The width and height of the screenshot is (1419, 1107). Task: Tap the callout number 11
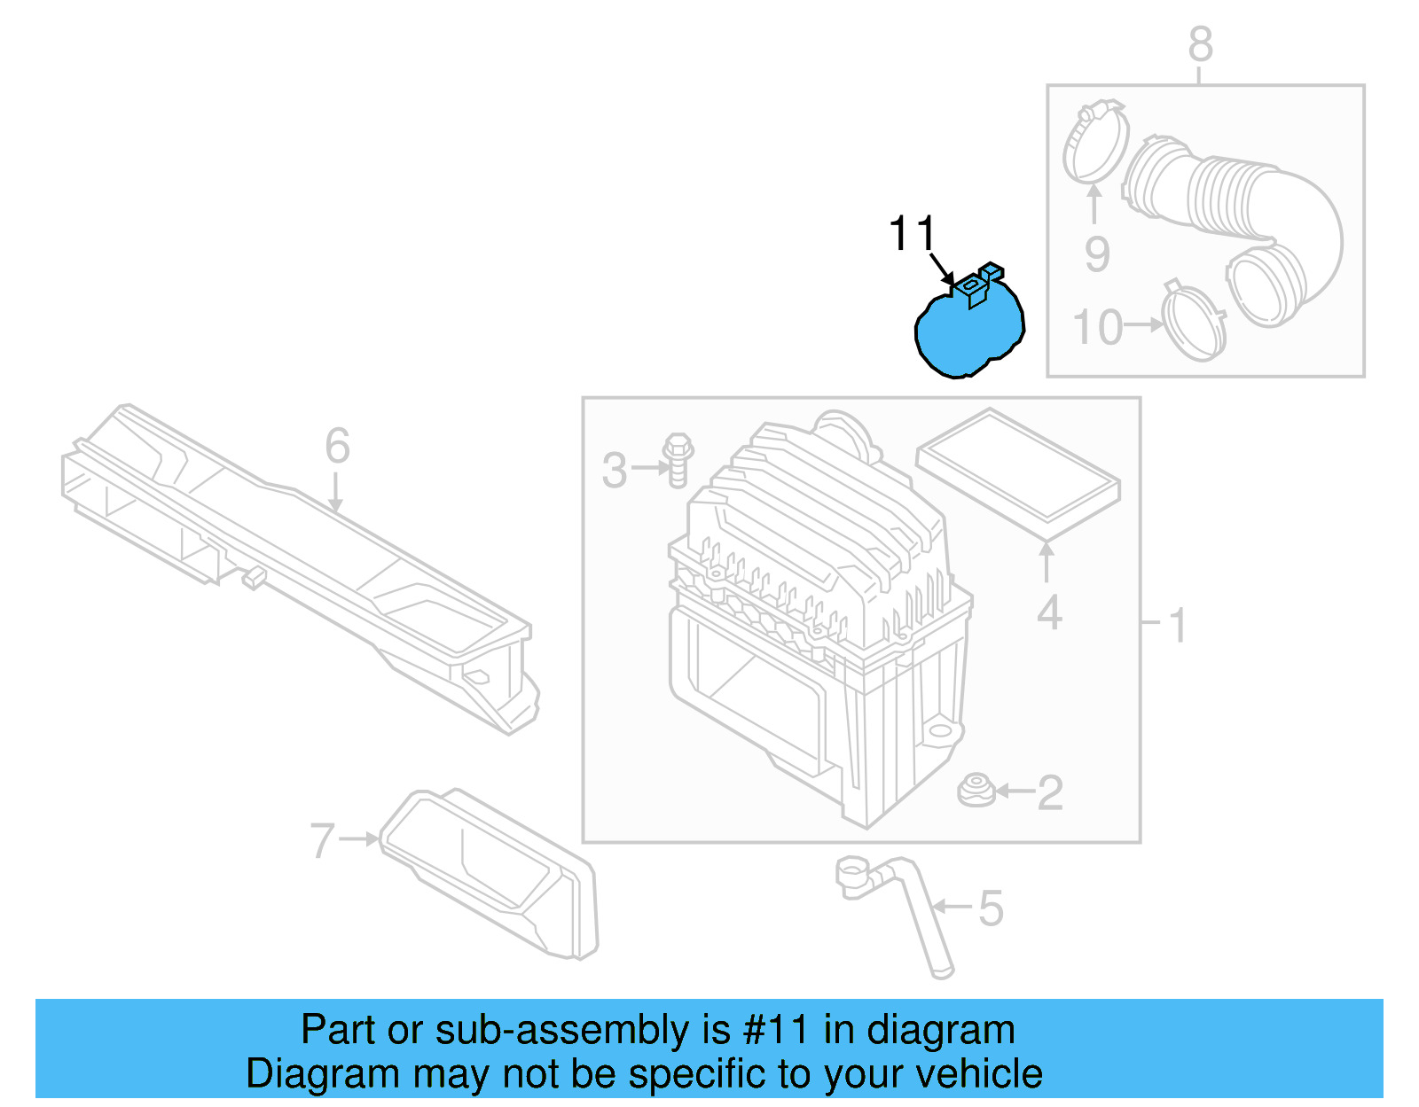[912, 234]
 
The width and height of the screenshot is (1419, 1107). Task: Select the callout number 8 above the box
[1200, 44]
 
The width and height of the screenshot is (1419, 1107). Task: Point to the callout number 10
[1098, 328]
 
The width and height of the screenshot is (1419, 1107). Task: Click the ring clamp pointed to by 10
[1193, 321]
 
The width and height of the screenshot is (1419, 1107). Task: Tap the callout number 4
[1049, 613]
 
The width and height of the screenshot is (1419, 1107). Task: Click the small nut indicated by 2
[976, 790]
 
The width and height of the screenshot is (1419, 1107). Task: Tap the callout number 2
[1050, 792]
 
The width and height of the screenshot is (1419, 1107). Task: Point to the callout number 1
[1178, 626]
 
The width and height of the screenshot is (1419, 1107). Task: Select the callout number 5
[991, 909]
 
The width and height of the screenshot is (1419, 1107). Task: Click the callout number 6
[337, 446]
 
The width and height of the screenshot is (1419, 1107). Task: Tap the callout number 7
[323, 840]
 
